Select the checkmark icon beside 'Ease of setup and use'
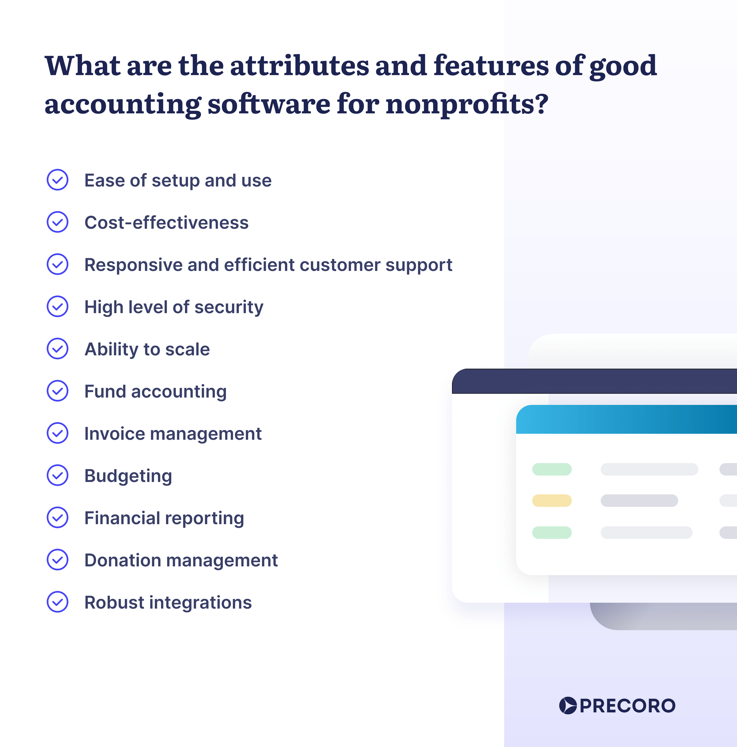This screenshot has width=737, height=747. (x=57, y=180)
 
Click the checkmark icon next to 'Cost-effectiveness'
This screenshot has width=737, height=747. (x=57, y=222)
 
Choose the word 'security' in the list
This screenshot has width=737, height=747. (x=229, y=308)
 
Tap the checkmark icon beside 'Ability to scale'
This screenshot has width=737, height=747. (x=57, y=349)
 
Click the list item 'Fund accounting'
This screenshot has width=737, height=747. (x=156, y=392)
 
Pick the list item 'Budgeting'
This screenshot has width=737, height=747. (x=128, y=476)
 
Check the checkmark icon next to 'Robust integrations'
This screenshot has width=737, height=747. (x=57, y=602)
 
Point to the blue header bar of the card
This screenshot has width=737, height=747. (x=626, y=419)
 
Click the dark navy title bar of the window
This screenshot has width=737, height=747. (x=595, y=381)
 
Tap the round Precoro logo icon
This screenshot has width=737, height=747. (x=568, y=706)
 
